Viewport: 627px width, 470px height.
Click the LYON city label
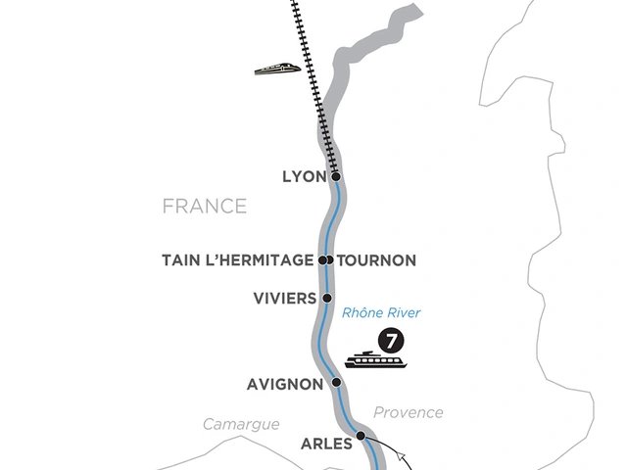(x=303, y=177)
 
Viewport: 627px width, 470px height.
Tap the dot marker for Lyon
(x=336, y=177)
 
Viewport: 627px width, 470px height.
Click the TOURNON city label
(x=377, y=260)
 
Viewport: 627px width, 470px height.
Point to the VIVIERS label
(x=284, y=298)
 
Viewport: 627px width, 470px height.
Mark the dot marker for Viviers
(x=327, y=298)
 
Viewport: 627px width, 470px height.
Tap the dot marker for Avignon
(x=337, y=383)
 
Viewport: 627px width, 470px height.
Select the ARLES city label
(x=325, y=444)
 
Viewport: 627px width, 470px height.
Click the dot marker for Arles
(x=361, y=436)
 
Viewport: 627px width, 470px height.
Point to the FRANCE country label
(x=205, y=207)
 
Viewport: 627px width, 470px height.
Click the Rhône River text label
(x=381, y=313)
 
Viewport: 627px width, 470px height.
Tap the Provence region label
(x=408, y=412)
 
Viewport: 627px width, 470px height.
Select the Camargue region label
(x=241, y=424)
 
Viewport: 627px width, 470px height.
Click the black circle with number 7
(x=391, y=342)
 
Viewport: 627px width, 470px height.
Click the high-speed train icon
(x=278, y=69)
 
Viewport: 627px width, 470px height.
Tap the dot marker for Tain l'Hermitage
(x=322, y=260)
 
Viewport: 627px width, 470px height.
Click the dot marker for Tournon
(x=330, y=260)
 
